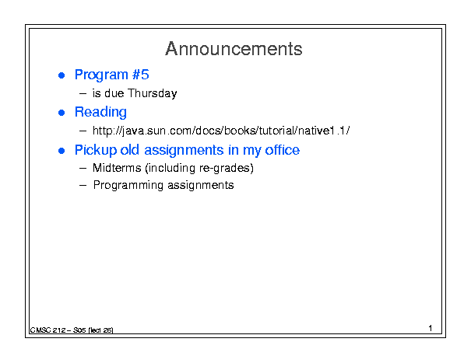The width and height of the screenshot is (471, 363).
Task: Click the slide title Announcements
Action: click(234, 49)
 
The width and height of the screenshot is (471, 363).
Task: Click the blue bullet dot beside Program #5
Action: click(62, 75)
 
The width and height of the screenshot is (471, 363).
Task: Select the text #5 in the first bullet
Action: click(141, 75)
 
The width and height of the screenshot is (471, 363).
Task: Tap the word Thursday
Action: click(153, 93)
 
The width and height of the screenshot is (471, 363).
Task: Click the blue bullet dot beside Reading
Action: click(62, 113)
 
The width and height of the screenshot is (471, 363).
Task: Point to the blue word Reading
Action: click(100, 113)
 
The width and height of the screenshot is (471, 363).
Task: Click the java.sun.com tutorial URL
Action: click(221, 131)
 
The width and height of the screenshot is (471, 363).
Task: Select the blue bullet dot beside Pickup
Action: click(62, 151)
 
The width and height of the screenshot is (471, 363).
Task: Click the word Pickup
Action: click(96, 150)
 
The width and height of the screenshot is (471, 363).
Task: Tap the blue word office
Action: click(282, 150)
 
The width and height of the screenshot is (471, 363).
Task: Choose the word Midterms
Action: click(117, 168)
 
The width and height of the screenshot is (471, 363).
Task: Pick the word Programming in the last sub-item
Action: click(128, 186)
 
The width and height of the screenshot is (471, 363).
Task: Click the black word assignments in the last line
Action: click(201, 186)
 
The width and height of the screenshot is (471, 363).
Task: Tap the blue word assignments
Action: click(184, 150)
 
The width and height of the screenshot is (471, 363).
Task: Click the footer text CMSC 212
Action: click(47, 330)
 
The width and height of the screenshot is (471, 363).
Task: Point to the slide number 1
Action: click(431, 328)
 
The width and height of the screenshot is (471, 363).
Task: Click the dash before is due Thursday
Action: click(83, 94)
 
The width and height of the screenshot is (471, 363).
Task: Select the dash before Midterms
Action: click(83, 169)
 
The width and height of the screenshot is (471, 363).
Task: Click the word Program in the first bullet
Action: click(101, 75)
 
